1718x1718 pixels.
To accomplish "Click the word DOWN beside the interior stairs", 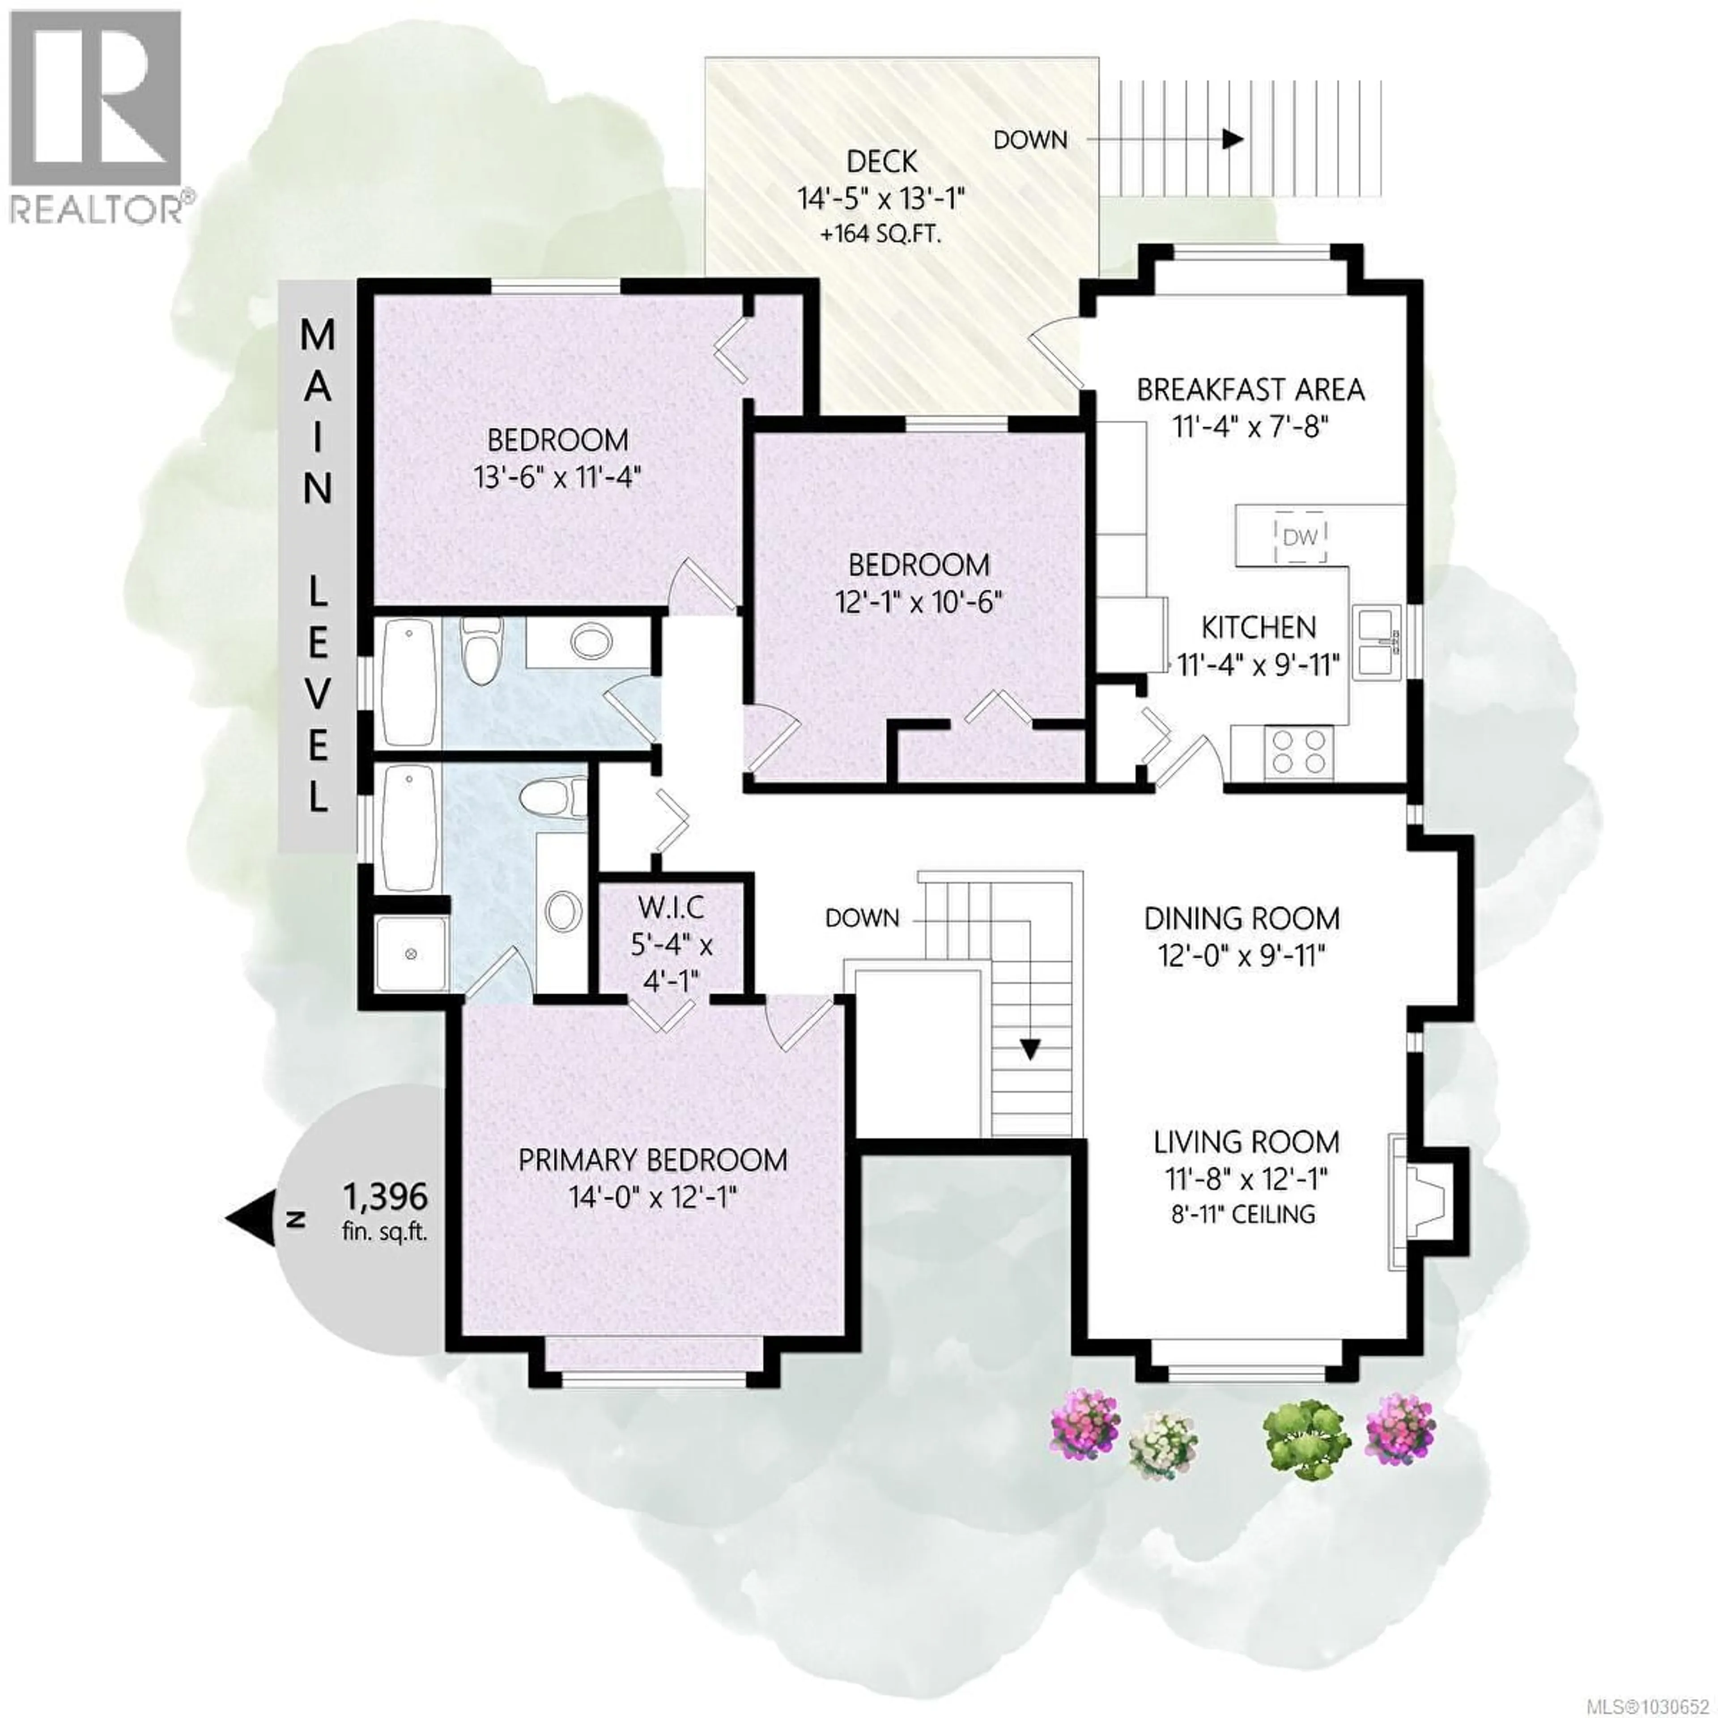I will (x=862, y=918).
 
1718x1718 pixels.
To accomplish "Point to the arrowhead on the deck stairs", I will (x=1232, y=140).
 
